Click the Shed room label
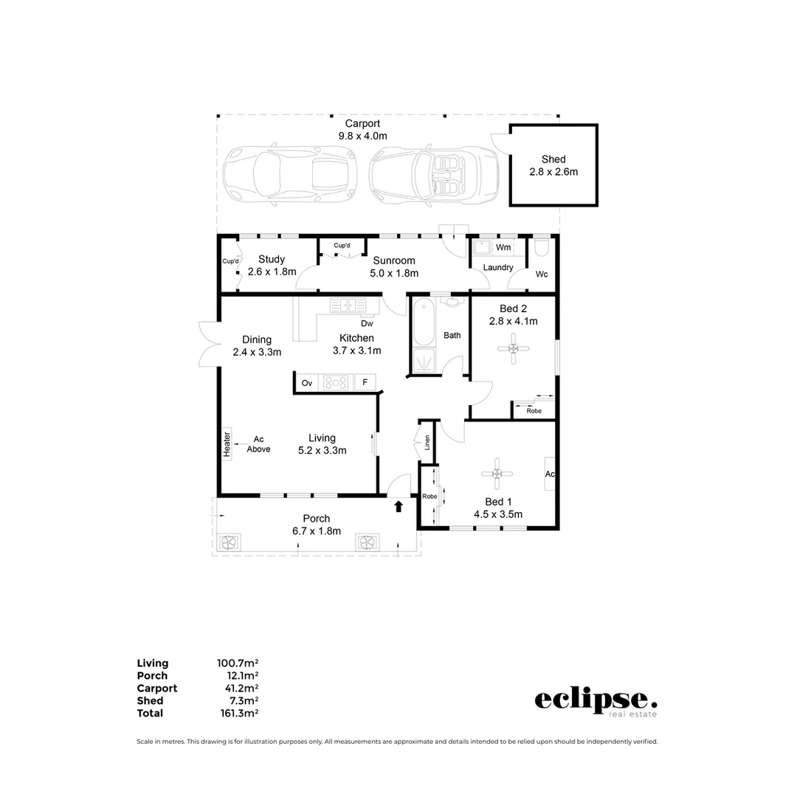coord(553,159)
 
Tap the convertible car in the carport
coord(433,175)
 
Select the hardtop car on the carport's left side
coord(290,175)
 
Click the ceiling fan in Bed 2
coord(513,348)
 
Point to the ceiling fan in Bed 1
coord(497,474)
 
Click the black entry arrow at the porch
coord(398,506)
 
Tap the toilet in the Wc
coord(542,246)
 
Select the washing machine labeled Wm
coord(503,247)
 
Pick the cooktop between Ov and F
coord(337,382)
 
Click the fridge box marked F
coord(365,382)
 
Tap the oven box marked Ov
coord(308,382)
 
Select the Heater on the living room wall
coord(227,445)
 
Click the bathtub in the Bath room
coord(424,323)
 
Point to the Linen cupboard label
coord(427,443)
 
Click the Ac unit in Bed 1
coord(550,474)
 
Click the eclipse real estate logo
coord(595,701)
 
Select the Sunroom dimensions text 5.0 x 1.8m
coord(393,273)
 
